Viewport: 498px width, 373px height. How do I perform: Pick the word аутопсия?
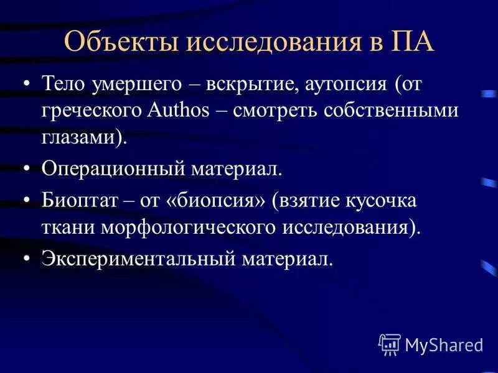pos(346,84)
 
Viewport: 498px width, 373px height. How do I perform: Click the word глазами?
pos(79,137)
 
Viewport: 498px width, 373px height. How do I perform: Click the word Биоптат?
pos(73,201)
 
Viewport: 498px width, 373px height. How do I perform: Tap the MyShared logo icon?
pos(389,343)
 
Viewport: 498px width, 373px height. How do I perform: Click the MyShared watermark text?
pos(443,344)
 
